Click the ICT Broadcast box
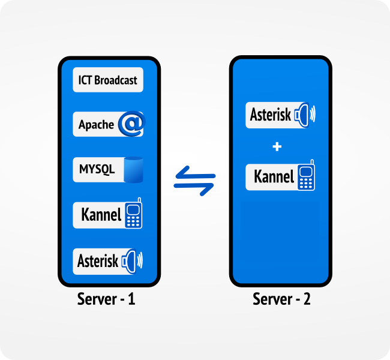click(x=108, y=80)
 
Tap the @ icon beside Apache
click(x=132, y=124)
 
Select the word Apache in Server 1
click(x=96, y=124)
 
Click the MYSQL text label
click(x=97, y=169)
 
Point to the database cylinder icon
click(x=133, y=170)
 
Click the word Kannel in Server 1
click(x=101, y=214)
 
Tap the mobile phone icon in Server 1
click(x=133, y=213)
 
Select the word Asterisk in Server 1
click(x=98, y=261)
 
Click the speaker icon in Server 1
click(x=132, y=261)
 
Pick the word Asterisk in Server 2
click(x=271, y=115)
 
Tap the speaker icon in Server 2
click(x=305, y=115)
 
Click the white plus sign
click(x=277, y=146)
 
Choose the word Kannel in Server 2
click(x=274, y=176)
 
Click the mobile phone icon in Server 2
click(x=306, y=175)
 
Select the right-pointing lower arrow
click(x=194, y=190)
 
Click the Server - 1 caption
click(x=106, y=299)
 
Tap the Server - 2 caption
click(x=281, y=299)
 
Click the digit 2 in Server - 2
click(x=307, y=299)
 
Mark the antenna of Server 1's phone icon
click(x=139, y=200)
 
